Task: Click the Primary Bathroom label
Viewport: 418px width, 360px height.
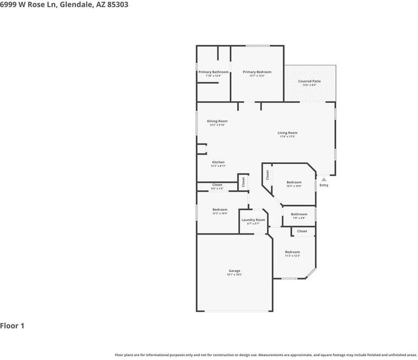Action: tap(213, 72)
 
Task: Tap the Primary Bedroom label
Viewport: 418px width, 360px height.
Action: tap(257, 72)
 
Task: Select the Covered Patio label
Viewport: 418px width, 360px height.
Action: tap(310, 81)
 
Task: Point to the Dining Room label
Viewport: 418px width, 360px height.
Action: tap(217, 121)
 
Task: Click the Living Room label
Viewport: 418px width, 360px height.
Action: tap(287, 133)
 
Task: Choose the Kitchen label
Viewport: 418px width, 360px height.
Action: tap(218, 162)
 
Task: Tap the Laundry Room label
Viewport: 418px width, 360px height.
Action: tap(253, 220)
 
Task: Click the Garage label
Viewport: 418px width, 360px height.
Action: tap(235, 271)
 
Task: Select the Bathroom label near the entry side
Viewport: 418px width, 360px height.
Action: tap(299, 214)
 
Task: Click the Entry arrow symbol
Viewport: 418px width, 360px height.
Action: tap(324, 179)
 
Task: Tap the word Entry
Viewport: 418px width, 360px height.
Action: tap(324, 185)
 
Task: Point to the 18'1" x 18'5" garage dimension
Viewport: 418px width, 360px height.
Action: tap(235, 274)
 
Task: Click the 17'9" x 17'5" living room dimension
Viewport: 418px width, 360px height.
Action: tap(287, 137)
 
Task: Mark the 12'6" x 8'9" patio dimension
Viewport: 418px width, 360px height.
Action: tap(310, 85)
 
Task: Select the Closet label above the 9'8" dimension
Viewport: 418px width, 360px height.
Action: tap(217, 185)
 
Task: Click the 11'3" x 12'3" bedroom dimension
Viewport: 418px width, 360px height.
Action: tap(292, 256)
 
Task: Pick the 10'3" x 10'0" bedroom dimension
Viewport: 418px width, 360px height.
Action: tap(294, 186)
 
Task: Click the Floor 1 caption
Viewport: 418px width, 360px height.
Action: tap(12, 326)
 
